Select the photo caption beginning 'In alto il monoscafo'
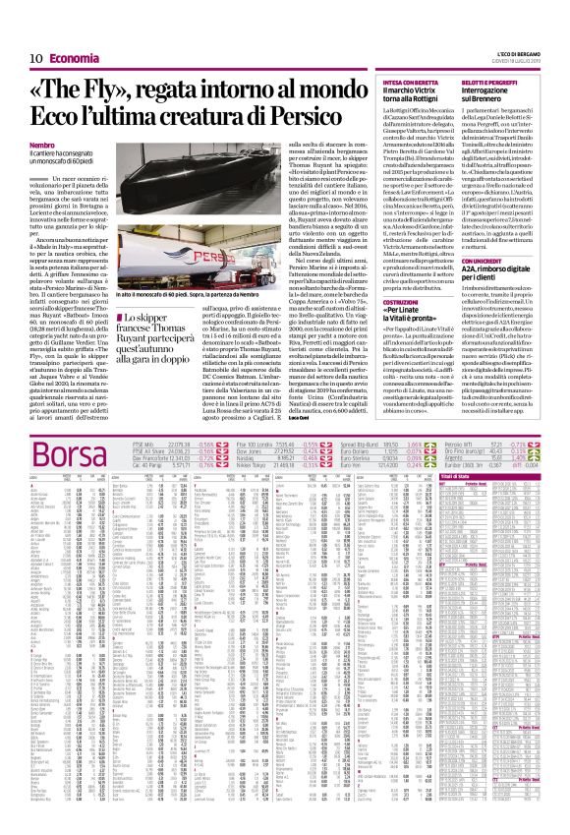tap(201, 268)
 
